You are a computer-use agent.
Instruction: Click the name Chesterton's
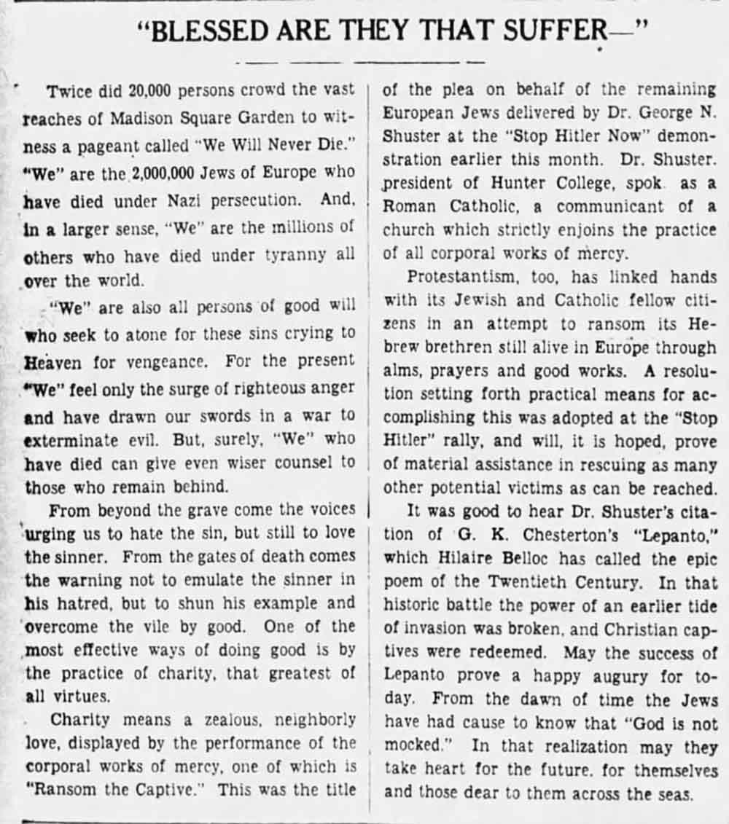[x=553, y=534]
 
